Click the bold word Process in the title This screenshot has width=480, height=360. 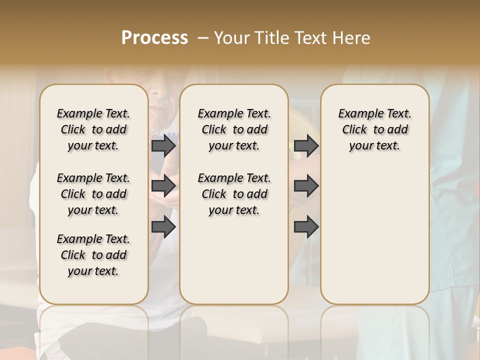(x=154, y=38)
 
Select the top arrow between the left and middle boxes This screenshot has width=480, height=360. (x=163, y=145)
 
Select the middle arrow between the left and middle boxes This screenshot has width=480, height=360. (x=163, y=186)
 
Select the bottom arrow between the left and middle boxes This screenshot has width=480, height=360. (x=163, y=227)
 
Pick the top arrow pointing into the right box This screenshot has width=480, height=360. (x=306, y=145)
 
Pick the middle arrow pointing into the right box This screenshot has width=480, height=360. (x=306, y=186)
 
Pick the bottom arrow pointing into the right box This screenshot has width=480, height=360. (x=306, y=227)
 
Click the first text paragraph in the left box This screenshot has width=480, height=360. (x=93, y=129)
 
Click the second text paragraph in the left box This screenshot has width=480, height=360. (x=93, y=194)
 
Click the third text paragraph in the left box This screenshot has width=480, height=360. (x=93, y=255)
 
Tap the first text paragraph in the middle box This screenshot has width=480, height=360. (x=234, y=129)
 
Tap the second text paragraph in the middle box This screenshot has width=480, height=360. (x=234, y=194)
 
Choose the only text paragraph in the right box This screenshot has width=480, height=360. (x=374, y=129)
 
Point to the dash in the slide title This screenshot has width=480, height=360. (x=203, y=38)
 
